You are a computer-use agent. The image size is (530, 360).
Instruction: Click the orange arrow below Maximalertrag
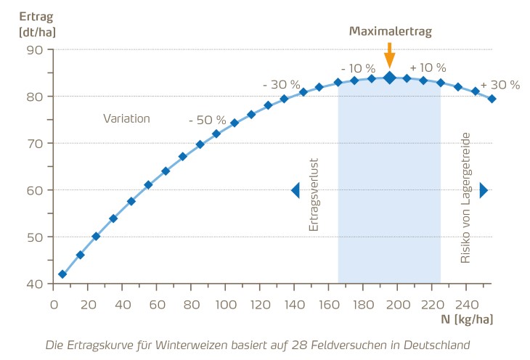coord(390,55)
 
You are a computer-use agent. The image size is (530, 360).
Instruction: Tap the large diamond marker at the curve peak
coord(390,78)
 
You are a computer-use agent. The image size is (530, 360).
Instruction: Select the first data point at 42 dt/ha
coord(62,274)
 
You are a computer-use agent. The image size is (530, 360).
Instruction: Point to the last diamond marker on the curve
coord(492,99)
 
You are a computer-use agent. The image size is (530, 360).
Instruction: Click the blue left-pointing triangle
coord(295,190)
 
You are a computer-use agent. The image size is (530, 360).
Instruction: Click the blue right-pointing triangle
coord(484,190)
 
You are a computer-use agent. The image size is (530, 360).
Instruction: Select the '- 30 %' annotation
coord(281,84)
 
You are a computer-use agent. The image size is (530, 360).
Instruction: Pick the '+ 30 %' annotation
coord(500,84)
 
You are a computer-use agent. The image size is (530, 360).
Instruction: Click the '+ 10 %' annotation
coord(428,67)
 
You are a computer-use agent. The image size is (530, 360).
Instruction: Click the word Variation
coord(126,118)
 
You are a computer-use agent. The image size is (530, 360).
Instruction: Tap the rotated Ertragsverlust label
coord(314,196)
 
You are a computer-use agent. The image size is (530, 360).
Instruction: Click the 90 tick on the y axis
coord(35,50)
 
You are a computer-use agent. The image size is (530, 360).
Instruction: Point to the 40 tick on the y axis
coord(35,284)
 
